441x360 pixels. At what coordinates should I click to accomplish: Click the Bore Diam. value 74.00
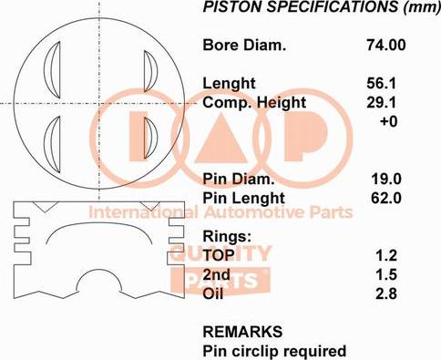(x=387, y=44)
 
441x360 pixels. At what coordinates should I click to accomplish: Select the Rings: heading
(x=226, y=236)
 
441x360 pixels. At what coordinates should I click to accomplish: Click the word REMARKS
(x=241, y=331)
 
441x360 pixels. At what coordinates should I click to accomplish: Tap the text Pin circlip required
(x=273, y=350)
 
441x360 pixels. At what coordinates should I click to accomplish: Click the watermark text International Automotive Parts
(x=219, y=213)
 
